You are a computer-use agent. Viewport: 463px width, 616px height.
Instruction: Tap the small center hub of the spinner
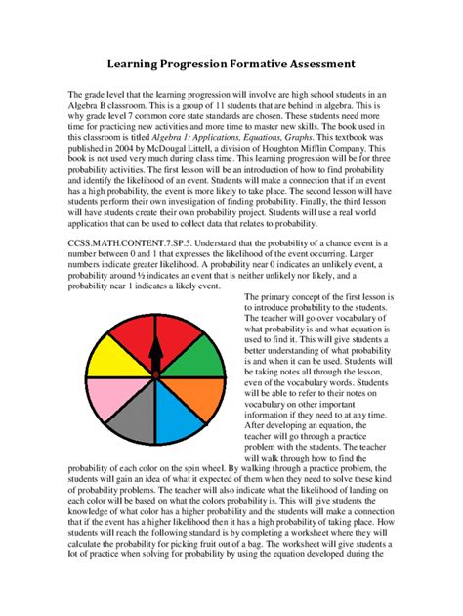(154, 375)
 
